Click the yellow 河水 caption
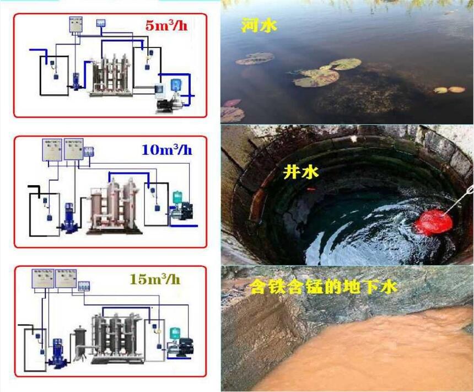pyautogui.click(x=259, y=25)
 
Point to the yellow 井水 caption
pyautogui.click(x=300, y=173)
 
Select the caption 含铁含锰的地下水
pyautogui.click(x=324, y=287)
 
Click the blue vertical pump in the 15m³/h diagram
pyautogui.click(x=56, y=351)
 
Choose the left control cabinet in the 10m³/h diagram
pyautogui.click(x=52, y=149)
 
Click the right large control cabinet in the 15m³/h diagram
pyautogui.click(x=66, y=278)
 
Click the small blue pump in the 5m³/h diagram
pyautogui.click(x=76, y=82)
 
